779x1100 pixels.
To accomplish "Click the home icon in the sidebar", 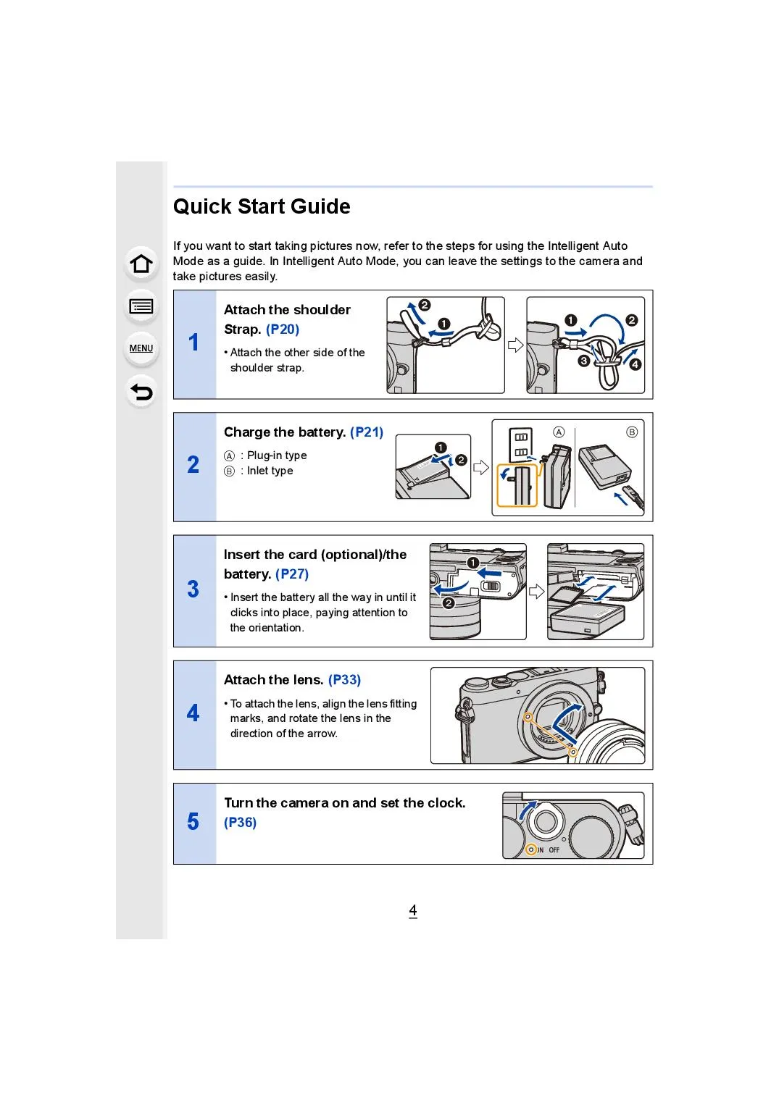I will pyautogui.click(x=141, y=264).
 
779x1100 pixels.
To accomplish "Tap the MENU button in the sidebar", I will pyautogui.click(x=141, y=348).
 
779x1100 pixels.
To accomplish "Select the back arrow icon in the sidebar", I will pyautogui.click(x=141, y=392).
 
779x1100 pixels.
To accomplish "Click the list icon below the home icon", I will pyautogui.click(x=141, y=307).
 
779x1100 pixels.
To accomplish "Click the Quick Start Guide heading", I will pyautogui.click(x=262, y=207).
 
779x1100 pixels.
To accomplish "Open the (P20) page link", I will pyautogui.click(x=283, y=329).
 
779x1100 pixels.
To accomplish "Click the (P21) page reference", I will pyautogui.click(x=367, y=432).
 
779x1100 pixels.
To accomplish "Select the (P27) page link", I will pyautogui.click(x=292, y=574).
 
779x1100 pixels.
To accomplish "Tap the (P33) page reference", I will pyautogui.click(x=344, y=680).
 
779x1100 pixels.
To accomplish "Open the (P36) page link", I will pyautogui.click(x=240, y=823).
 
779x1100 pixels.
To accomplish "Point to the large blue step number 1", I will pyautogui.click(x=193, y=343).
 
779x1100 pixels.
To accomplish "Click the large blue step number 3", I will pyautogui.click(x=193, y=589).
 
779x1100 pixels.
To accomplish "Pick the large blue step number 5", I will pyautogui.click(x=193, y=822).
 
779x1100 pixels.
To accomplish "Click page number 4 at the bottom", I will pyautogui.click(x=413, y=911).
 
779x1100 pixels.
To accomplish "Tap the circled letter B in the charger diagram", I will pyautogui.click(x=632, y=432).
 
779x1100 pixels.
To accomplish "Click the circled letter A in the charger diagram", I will pyautogui.click(x=559, y=432).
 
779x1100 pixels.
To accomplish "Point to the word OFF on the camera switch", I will pyautogui.click(x=554, y=850).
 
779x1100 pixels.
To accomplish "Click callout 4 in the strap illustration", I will pyautogui.click(x=636, y=364).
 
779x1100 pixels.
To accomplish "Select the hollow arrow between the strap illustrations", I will pyautogui.click(x=515, y=345).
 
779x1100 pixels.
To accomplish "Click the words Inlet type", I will pyautogui.click(x=270, y=471).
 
